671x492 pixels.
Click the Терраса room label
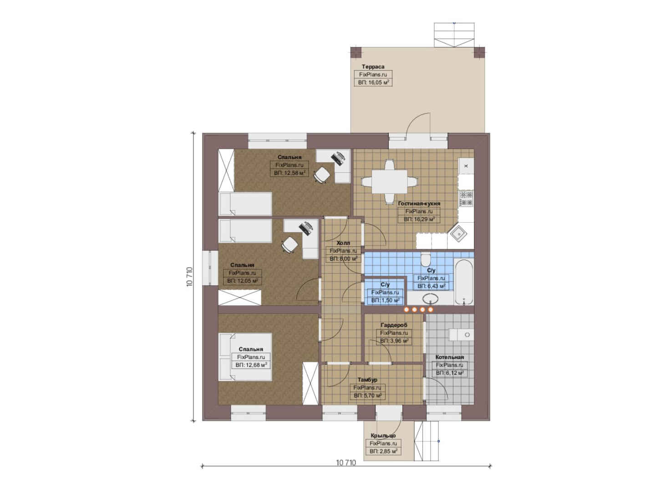pos(373,67)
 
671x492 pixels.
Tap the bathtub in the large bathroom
pos(464,282)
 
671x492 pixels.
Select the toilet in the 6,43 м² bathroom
pos(425,260)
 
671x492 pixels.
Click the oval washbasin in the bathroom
pos(431,299)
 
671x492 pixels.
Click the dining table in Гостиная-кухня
pos(389,182)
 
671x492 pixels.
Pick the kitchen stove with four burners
pos(466,199)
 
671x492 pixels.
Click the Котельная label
pos(449,357)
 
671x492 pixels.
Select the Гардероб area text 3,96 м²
pos(394,341)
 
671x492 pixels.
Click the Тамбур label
pos(367,380)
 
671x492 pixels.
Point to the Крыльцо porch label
pos(383,436)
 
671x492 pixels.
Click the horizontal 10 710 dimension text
pos(346,463)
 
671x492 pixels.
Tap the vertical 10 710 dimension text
pos(190,277)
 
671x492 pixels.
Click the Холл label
pos(343,243)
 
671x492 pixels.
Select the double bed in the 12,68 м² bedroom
pos(245,357)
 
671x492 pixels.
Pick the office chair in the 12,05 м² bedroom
pos(290,244)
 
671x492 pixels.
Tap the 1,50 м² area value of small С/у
pos(385,300)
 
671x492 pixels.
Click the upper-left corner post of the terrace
pos(356,52)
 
